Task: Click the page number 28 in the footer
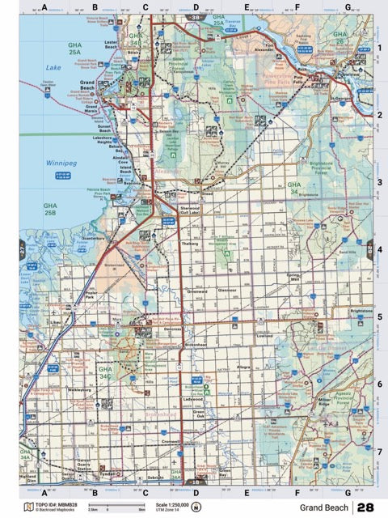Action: pos(365,507)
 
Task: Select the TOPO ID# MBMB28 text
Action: pos(56,504)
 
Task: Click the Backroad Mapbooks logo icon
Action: pos(28,507)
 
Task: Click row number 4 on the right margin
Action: pos(379,249)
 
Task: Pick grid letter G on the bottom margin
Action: pos(347,492)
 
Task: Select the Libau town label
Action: pos(55,322)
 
